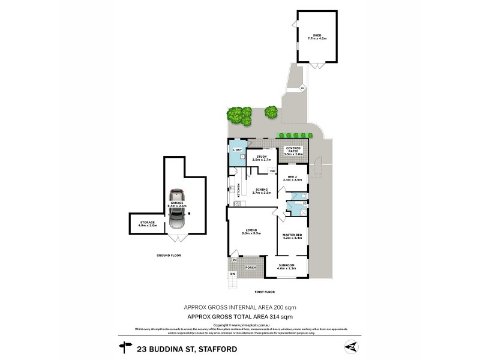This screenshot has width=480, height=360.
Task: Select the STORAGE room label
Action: pos(148,223)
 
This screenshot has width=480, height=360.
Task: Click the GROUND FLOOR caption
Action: pos(170,255)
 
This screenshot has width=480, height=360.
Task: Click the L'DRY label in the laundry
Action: pos(238,149)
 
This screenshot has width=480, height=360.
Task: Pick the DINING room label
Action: pos(262,189)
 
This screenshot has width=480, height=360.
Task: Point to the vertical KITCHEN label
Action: pos(239,190)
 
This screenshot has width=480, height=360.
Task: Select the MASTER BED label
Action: pos(293,236)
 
